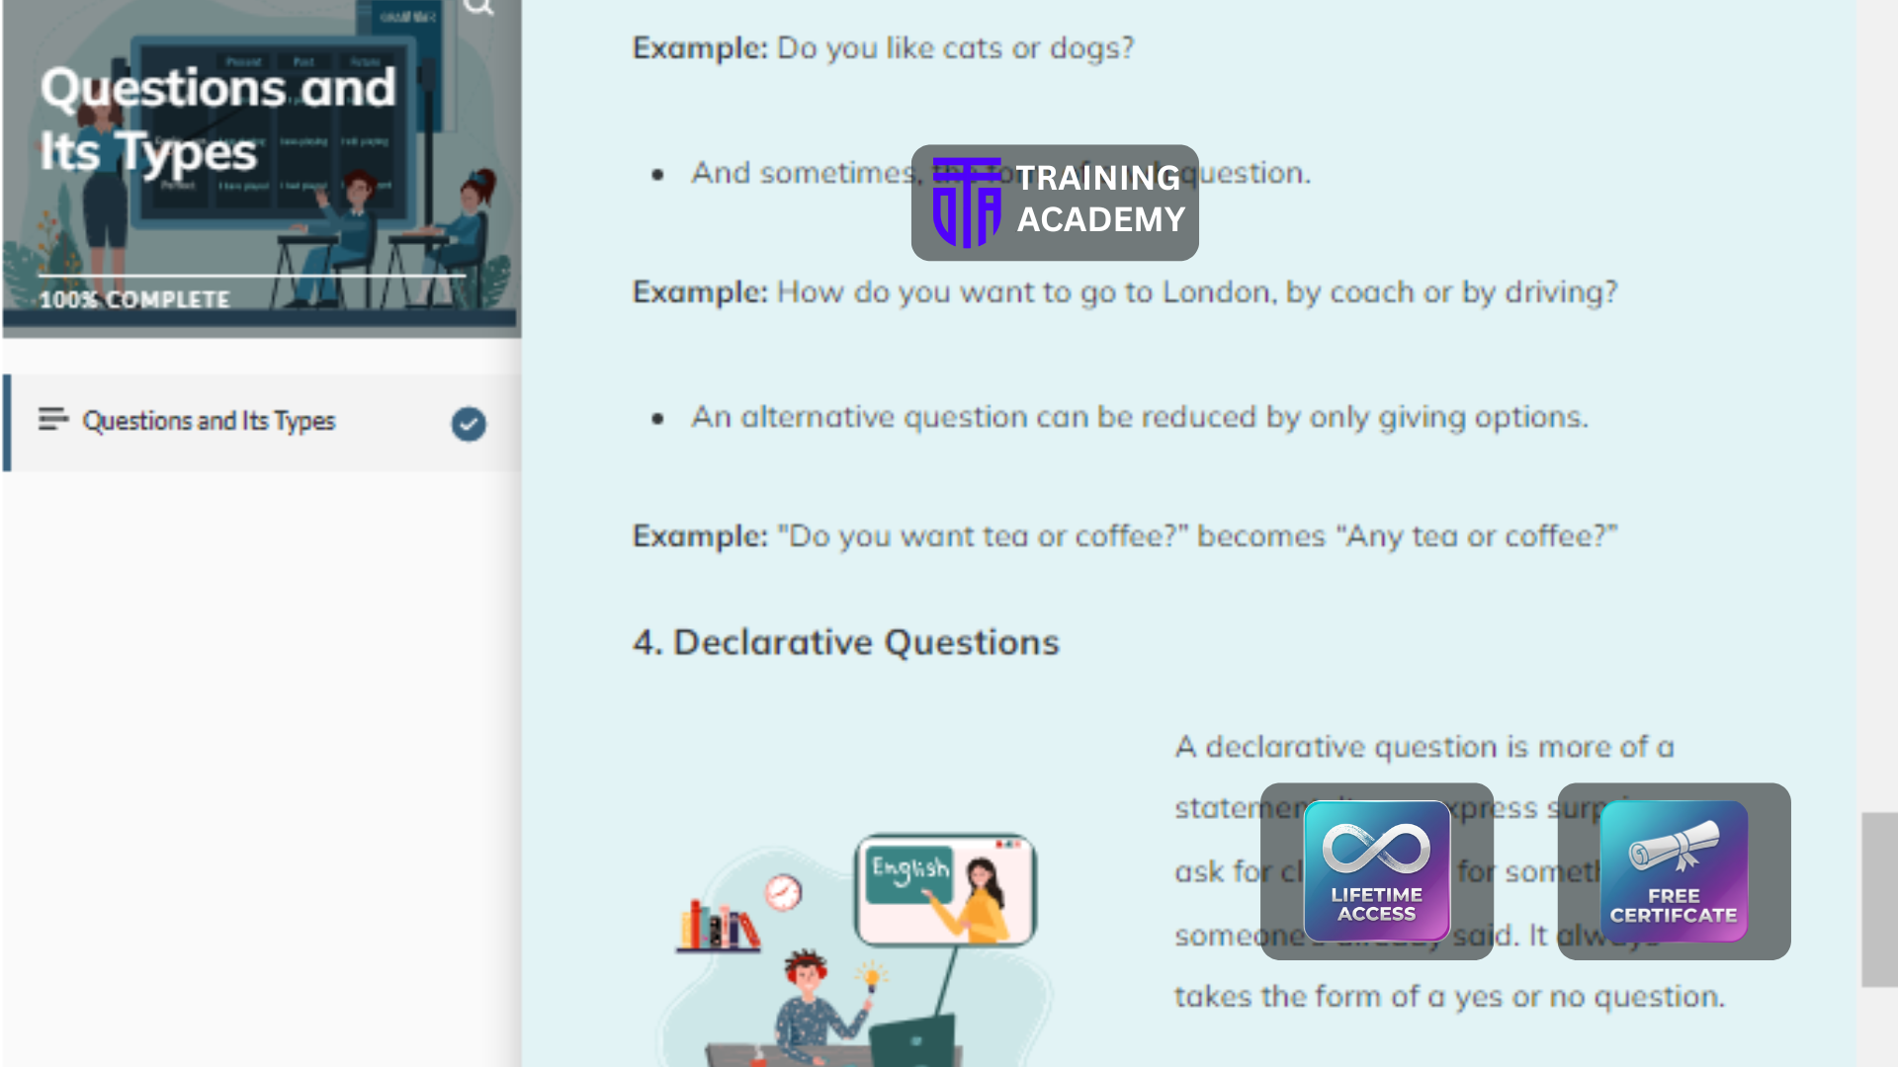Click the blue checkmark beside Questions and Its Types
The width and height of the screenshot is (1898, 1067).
[x=469, y=424]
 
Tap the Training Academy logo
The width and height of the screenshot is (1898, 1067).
[x=1055, y=203]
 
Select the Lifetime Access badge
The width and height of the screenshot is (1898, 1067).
[x=1376, y=870]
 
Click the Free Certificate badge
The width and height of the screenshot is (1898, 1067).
[x=1674, y=870]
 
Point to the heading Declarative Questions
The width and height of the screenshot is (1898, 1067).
[x=846, y=642]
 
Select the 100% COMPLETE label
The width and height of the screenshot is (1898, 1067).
[x=134, y=299]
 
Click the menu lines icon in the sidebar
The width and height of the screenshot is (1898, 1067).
[x=53, y=420]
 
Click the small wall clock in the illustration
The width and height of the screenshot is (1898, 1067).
[x=783, y=892]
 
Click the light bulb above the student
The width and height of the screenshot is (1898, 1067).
[x=872, y=978]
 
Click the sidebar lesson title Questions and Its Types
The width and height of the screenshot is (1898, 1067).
[x=209, y=421]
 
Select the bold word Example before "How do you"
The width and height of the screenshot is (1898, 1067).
[x=699, y=292]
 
